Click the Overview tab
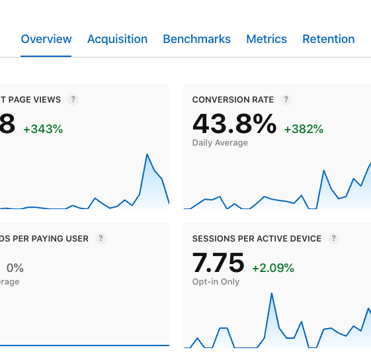click(x=46, y=39)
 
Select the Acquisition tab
click(x=117, y=39)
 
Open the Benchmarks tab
click(x=196, y=39)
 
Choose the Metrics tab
click(x=267, y=39)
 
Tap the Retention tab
click(x=329, y=39)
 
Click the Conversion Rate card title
click(x=233, y=100)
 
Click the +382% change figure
click(x=304, y=130)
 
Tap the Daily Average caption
click(x=220, y=143)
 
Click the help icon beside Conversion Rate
click(x=286, y=100)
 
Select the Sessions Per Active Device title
click(x=257, y=239)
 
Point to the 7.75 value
click(x=218, y=263)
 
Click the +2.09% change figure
click(x=273, y=268)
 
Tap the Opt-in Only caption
click(x=216, y=282)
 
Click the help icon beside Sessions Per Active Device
click(x=334, y=239)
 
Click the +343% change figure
click(x=43, y=130)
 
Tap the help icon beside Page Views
click(x=73, y=100)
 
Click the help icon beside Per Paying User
click(x=101, y=239)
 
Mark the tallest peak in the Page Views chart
click(x=146, y=155)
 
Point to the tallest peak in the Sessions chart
click(x=271, y=293)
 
